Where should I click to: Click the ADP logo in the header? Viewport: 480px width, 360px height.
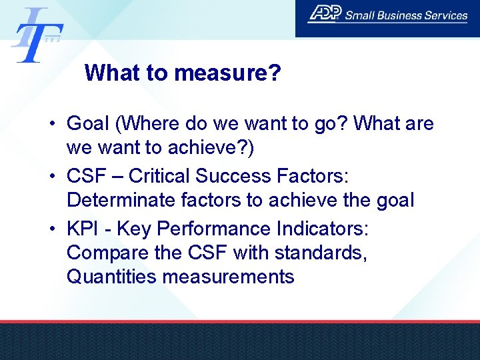click(x=325, y=14)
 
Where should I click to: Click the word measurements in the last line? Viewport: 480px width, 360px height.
click(x=228, y=277)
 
